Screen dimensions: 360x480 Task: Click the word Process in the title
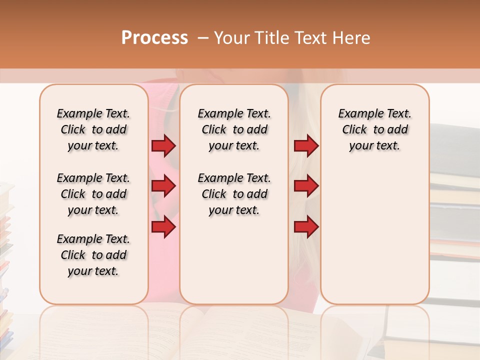[154, 38]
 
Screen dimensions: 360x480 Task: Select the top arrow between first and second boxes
[163, 146]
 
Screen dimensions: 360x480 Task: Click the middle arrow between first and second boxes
[163, 186]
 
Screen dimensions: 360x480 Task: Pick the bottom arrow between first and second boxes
[163, 227]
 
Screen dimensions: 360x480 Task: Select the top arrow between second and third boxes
[306, 146]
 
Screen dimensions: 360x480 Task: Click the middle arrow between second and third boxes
[306, 186]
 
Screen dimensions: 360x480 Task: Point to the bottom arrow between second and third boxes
[306, 227]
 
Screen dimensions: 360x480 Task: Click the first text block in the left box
[93, 129]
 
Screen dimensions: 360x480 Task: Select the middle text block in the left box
[93, 194]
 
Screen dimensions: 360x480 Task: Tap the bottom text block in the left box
[93, 255]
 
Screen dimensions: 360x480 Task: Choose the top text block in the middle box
[234, 129]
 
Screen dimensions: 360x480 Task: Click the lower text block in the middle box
[234, 194]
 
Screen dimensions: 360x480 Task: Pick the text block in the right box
[374, 129]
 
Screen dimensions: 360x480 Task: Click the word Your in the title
[233, 38]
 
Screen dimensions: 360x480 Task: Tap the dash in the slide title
[203, 38]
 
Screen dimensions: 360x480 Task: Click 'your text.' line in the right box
[374, 146]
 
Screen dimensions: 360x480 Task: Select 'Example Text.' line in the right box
[374, 113]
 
